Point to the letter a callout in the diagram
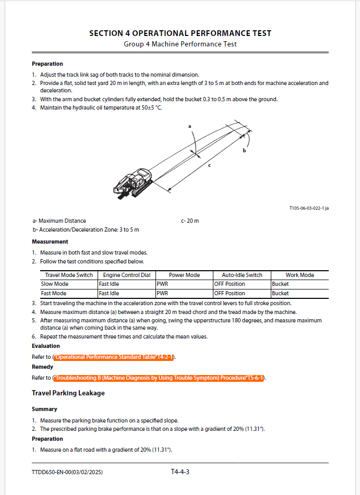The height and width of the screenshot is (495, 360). [x=190, y=126]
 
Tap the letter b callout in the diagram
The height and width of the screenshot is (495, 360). [x=244, y=150]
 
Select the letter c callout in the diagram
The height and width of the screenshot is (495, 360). [x=209, y=165]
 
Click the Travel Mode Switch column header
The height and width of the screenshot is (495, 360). [x=69, y=275]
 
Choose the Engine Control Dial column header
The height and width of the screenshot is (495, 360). [x=126, y=275]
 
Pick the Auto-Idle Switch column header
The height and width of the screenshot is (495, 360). [x=242, y=275]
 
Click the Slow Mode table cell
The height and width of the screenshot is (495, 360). [x=55, y=284]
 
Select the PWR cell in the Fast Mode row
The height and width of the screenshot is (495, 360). [x=164, y=293]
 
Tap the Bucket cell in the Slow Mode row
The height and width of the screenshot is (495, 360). [x=280, y=284]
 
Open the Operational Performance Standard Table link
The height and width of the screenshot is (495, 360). [x=114, y=357]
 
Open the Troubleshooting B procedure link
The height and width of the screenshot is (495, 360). [x=159, y=378]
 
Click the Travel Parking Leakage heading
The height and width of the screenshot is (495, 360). [x=68, y=393]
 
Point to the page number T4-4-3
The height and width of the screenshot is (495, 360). [x=180, y=472]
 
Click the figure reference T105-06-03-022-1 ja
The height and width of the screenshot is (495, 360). [x=309, y=208]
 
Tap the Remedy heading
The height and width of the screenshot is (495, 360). [x=43, y=367]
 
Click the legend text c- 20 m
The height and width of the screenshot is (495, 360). [x=190, y=221]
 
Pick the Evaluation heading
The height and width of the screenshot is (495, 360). [x=46, y=346]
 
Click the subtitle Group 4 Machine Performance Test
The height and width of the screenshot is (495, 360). [x=180, y=44]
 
